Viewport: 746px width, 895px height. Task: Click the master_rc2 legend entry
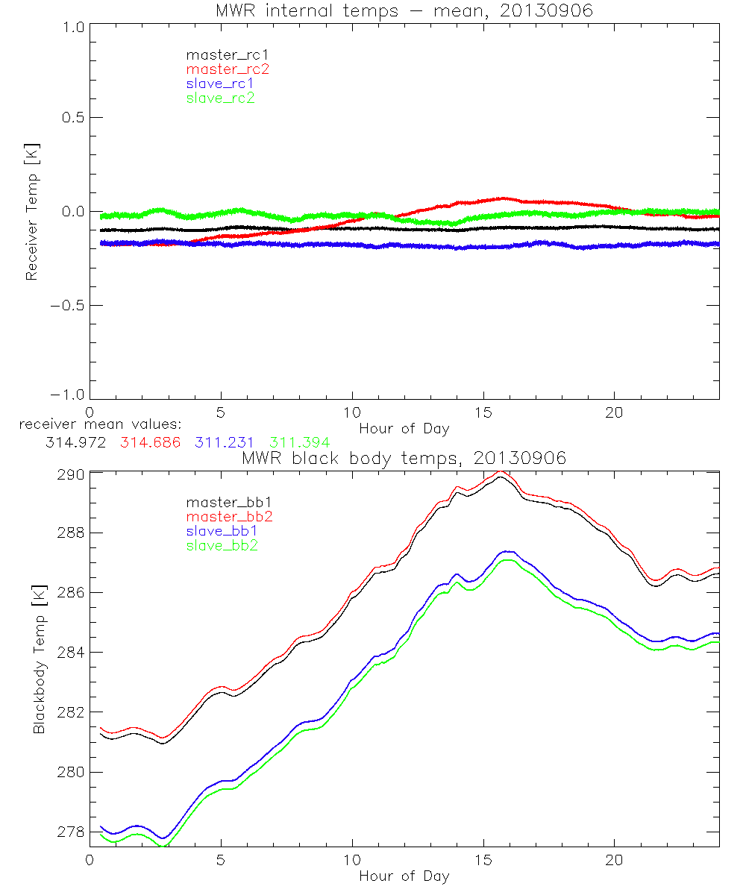click(228, 69)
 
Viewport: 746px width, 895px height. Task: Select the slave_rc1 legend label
click(220, 84)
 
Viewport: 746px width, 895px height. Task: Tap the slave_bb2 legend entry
click(223, 546)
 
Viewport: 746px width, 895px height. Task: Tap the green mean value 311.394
click(300, 442)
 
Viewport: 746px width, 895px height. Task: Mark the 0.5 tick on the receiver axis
click(72, 118)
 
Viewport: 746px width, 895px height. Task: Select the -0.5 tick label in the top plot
click(69, 306)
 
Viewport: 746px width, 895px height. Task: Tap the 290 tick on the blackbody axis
click(71, 474)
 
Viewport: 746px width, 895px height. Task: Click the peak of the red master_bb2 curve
click(502, 472)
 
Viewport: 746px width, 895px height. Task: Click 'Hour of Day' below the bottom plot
click(404, 876)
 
